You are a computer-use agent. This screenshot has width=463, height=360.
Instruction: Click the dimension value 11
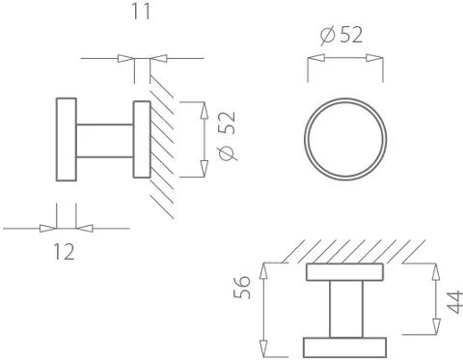click(141, 12)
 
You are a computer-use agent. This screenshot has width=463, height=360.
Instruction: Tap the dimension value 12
click(64, 252)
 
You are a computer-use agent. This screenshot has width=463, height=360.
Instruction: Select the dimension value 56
click(241, 287)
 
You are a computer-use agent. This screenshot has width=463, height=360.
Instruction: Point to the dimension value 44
click(455, 302)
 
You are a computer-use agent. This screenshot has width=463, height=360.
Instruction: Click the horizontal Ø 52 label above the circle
click(341, 35)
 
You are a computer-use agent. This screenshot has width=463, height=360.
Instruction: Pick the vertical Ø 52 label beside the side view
click(227, 135)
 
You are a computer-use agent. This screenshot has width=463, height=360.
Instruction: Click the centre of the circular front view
click(345, 139)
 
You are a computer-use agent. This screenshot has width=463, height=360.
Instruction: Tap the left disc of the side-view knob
click(67, 139)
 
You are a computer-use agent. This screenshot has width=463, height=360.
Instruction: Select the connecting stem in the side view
click(105, 141)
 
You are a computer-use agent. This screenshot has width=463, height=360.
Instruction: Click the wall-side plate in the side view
click(142, 139)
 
